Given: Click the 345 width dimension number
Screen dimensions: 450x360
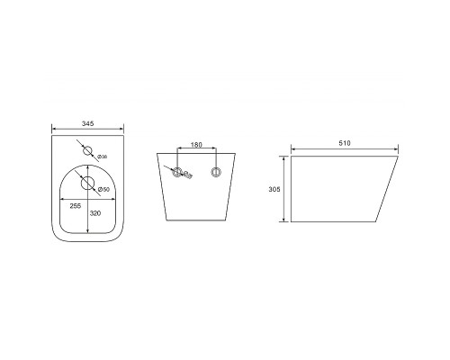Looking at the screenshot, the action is coord(88,123).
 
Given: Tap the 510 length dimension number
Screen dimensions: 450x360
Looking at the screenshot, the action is coord(345,143).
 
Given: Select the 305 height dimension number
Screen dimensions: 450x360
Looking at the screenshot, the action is coord(274,189).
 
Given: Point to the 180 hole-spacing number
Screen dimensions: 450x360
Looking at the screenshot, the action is coord(196,145).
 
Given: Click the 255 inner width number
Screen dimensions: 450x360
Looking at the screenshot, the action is coord(76,206).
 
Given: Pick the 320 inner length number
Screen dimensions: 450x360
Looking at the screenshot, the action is coord(95,213).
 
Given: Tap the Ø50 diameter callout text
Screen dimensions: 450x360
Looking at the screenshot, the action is coord(103,189).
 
